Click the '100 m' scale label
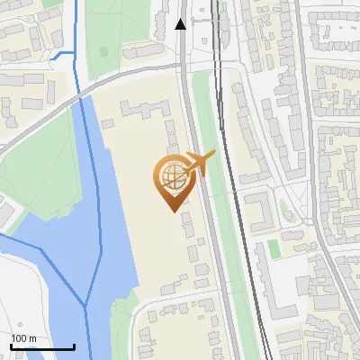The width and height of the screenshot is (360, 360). click(x=23, y=338)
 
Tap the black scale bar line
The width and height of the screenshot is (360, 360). click(x=41, y=346)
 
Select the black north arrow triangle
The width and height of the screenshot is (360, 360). click(x=181, y=24)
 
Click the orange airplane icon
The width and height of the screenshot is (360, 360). click(x=201, y=164)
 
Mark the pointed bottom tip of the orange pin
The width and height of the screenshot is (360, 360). click(x=172, y=211)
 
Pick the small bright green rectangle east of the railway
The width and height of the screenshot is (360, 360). click(x=274, y=248)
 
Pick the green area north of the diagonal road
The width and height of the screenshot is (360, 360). click(x=126, y=36)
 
